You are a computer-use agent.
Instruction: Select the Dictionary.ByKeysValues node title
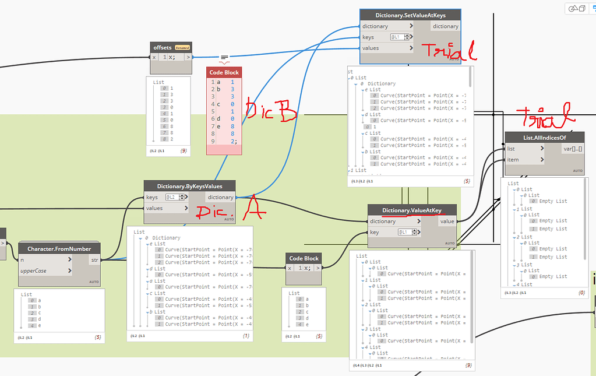(x=190, y=187)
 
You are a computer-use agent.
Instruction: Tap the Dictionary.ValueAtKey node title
(x=412, y=210)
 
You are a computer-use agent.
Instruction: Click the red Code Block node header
(x=224, y=72)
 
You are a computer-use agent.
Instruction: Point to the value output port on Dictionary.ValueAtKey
(x=447, y=221)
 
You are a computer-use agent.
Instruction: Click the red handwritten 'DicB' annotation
(x=271, y=112)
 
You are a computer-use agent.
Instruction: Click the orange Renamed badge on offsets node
(x=182, y=47)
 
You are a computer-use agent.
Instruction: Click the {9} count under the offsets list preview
(x=184, y=151)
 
